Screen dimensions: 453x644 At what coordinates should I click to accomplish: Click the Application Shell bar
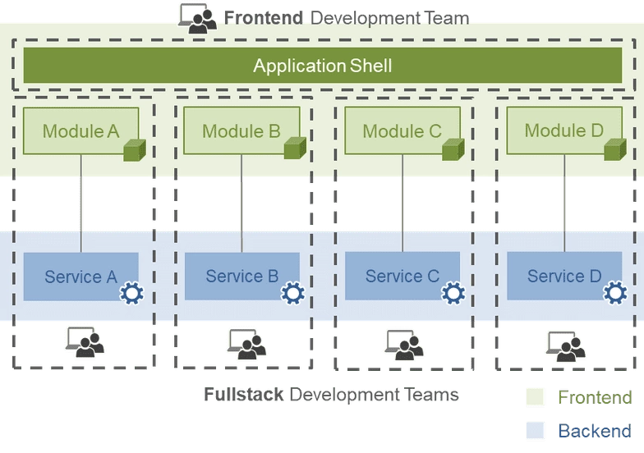tap(322, 66)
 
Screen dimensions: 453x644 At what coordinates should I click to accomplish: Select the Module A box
tap(80, 130)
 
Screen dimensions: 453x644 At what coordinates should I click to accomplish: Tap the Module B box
tap(241, 130)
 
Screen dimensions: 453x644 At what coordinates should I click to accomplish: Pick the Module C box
tap(402, 130)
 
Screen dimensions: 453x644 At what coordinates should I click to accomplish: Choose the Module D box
tap(563, 130)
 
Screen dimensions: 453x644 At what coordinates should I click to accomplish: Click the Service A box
tap(80, 277)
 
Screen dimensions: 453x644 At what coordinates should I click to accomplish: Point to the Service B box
tap(241, 277)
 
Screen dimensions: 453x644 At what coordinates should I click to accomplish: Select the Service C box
tap(402, 277)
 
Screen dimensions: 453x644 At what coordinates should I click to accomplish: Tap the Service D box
tap(564, 277)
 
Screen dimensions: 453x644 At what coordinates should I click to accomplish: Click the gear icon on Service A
tap(131, 293)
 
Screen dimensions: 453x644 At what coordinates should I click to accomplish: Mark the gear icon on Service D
tap(614, 293)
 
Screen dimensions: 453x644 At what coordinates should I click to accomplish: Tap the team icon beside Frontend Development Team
tap(197, 17)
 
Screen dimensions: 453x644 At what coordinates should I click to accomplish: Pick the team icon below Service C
tap(404, 344)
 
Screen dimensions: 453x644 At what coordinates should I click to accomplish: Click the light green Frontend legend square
tap(536, 398)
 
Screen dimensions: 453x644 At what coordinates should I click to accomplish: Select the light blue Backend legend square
tap(536, 430)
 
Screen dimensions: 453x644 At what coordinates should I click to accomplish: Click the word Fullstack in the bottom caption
tap(244, 395)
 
